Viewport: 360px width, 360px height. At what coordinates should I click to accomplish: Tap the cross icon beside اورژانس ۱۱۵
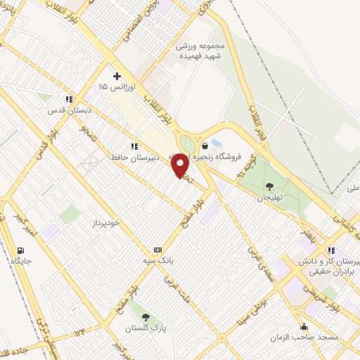(117, 76)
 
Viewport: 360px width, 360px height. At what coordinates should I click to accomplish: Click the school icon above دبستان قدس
(69, 100)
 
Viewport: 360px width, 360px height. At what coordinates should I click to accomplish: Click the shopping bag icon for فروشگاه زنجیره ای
(205, 146)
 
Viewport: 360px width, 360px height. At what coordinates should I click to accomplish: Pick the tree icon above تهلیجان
(269, 186)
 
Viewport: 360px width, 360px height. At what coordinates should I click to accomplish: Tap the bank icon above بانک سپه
(157, 250)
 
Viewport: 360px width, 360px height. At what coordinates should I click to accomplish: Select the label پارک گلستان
(144, 328)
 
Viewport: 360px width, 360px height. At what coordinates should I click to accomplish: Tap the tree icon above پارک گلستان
(146, 317)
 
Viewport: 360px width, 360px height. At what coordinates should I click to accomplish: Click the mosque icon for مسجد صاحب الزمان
(304, 326)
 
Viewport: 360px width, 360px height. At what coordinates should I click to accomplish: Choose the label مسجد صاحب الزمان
(304, 337)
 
